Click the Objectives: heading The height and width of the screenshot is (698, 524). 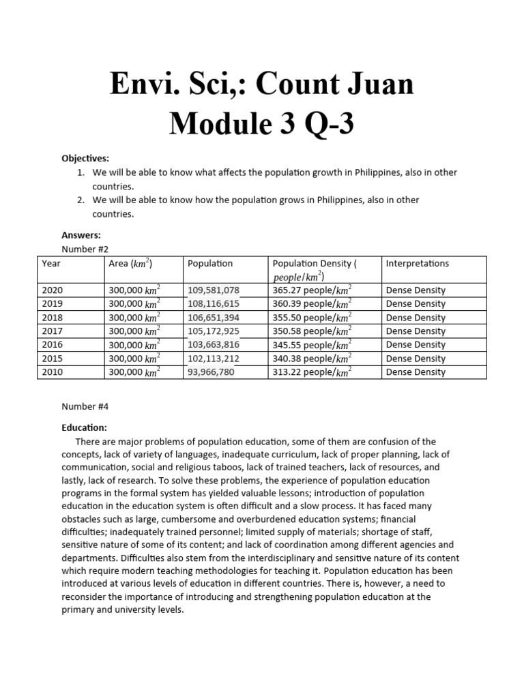[x=85, y=158]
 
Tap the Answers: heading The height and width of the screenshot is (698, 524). [x=81, y=235]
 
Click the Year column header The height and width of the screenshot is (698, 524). [x=52, y=263]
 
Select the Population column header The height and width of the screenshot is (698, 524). [x=210, y=263]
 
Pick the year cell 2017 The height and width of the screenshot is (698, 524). [x=53, y=331]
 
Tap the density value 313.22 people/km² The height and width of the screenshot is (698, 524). [x=312, y=372]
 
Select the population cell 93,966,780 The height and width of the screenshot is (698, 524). [x=211, y=372]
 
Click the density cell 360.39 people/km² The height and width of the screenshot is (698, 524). [x=312, y=304]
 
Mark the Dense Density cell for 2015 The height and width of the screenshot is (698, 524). [x=416, y=359]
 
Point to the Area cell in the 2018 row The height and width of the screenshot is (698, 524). [x=135, y=318]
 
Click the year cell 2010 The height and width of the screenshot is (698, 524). [x=53, y=372]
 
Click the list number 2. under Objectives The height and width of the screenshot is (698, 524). [x=81, y=200]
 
